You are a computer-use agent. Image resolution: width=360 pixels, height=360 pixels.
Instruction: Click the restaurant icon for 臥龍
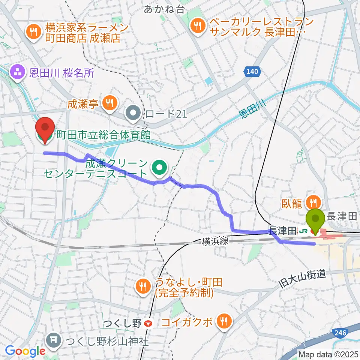312,203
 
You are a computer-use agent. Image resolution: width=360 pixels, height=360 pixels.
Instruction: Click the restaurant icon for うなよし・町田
142,286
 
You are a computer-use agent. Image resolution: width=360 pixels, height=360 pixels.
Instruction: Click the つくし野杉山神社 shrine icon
53,340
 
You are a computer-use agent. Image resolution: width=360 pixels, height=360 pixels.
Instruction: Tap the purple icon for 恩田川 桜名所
17,72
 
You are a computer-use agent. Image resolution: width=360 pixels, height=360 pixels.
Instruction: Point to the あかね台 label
164,9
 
